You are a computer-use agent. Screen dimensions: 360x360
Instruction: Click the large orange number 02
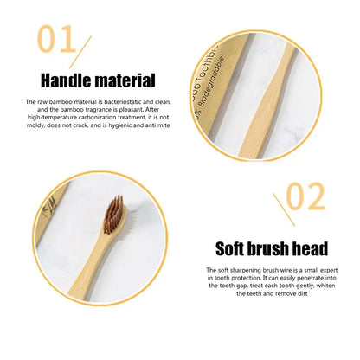[x=304, y=198]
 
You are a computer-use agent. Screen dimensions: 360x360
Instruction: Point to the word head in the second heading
[x=308, y=249]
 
